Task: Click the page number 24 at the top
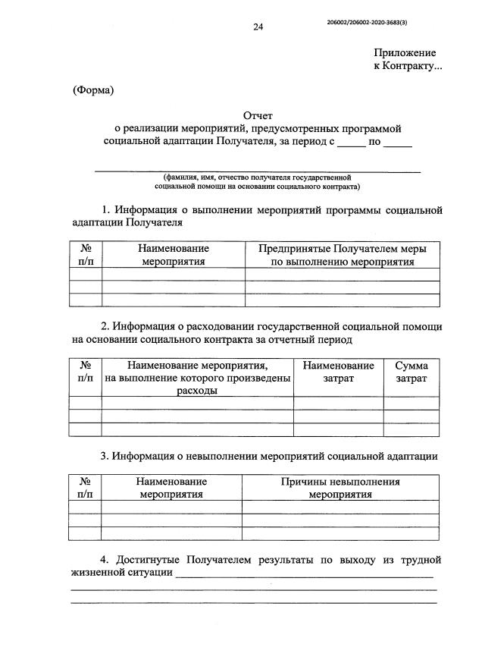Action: (258, 27)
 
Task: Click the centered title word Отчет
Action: (258, 114)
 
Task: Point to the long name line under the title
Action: (257, 172)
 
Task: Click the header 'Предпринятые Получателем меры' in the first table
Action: (342, 249)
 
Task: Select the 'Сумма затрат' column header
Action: (411, 372)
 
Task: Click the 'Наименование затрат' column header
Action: (338, 372)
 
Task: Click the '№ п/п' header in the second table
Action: (86, 372)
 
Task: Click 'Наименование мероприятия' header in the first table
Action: (174, 255)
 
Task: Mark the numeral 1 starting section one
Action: (105, 210)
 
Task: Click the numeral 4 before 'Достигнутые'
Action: (105, 561)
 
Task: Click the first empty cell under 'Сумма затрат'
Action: (411, 402)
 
